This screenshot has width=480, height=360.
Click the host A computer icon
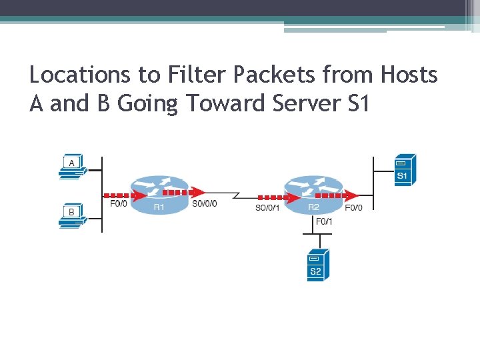click(71, 167)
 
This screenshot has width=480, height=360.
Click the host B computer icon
click(71, 216)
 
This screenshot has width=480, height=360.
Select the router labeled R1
click(159, 195)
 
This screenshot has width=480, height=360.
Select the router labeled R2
click(313, 195)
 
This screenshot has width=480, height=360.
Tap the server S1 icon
click(404, 169)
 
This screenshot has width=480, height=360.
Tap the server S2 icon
click(315, 265)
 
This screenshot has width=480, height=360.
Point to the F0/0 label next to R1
click(118, 204)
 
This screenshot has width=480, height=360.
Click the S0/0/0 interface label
click(204, 204)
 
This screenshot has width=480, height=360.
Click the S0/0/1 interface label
click(268, 207)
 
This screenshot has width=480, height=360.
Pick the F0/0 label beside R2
click(354, 207)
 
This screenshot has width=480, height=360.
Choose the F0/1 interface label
click(324, 221)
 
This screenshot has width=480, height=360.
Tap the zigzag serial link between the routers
click(236, 196)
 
